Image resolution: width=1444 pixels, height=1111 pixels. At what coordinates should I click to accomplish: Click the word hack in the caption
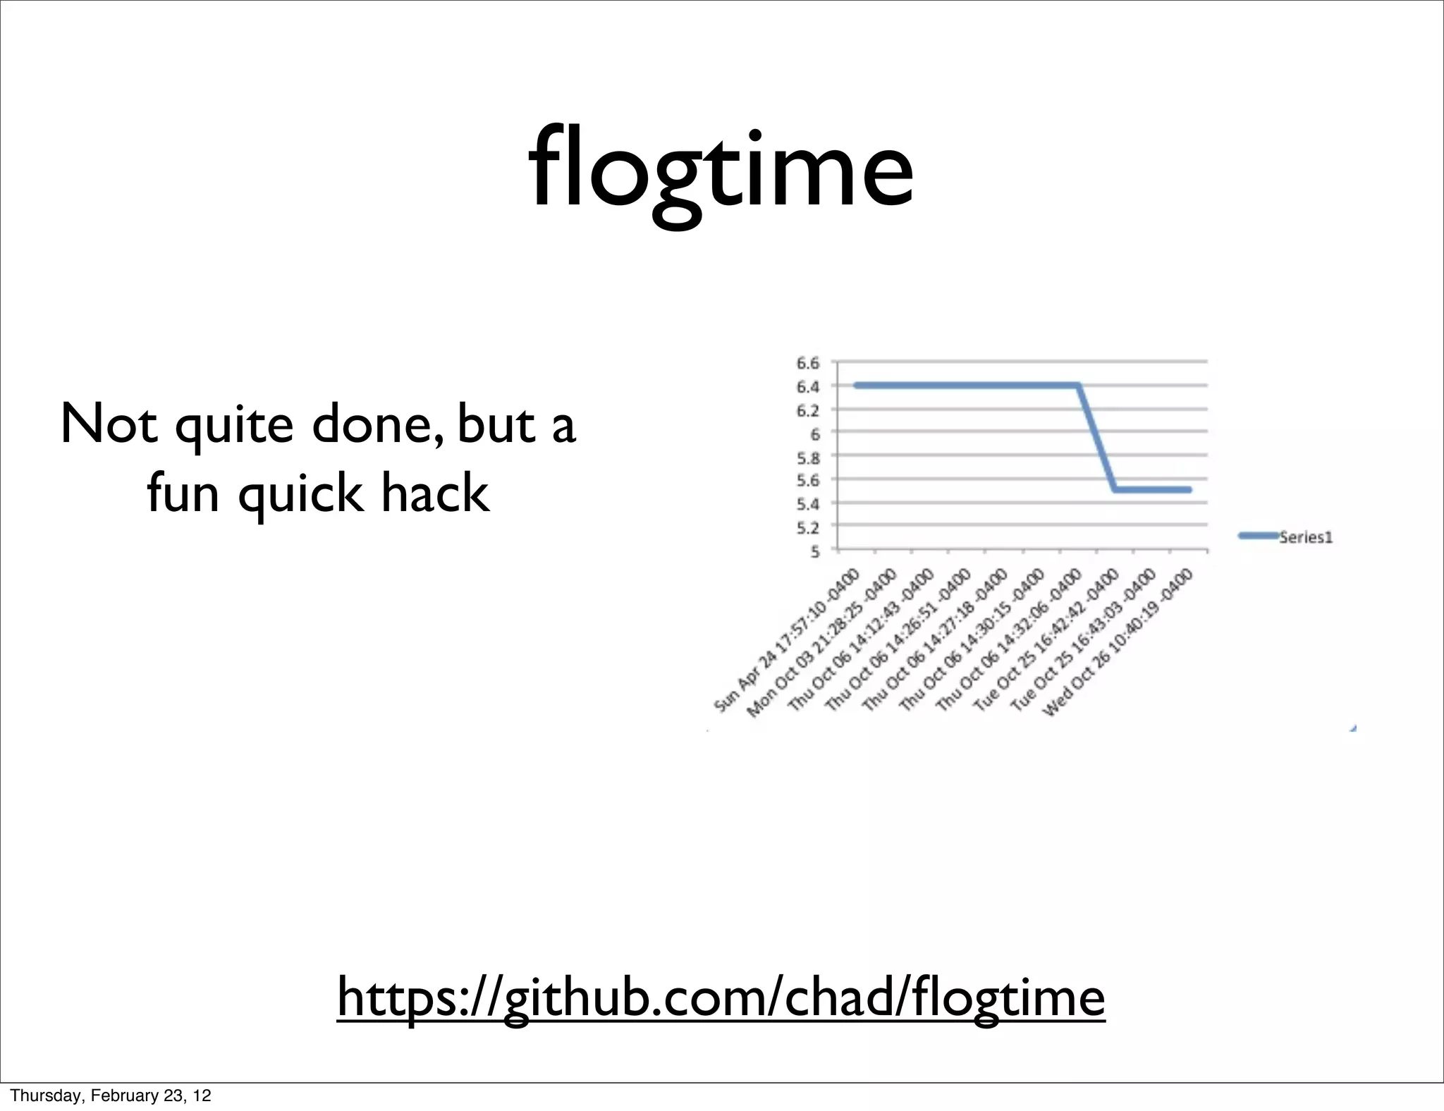click(434, 493)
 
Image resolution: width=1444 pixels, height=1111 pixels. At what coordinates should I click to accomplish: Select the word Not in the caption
click(109, 424)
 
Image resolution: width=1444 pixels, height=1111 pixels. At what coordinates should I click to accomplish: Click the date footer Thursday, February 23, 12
click(111, 1095)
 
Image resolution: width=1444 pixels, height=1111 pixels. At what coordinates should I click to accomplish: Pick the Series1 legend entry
click(1304, 537)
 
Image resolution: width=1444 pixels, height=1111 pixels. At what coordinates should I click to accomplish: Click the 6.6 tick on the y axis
click(808, 364)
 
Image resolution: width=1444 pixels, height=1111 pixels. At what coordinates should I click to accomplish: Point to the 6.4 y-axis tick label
click(808, 387)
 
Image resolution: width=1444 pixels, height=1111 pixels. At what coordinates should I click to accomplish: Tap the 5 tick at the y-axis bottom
click(814, 551)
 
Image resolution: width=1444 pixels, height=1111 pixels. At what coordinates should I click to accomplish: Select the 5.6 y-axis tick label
click(808, 481)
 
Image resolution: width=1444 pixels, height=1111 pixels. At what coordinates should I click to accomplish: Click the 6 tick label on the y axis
click(814, 434)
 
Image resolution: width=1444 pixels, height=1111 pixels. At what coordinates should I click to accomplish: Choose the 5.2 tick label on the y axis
click(808, 528)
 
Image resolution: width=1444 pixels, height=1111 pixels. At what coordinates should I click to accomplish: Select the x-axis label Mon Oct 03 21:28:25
click(821, 643)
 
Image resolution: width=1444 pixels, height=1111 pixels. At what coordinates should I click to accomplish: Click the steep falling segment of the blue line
click(1097, 437)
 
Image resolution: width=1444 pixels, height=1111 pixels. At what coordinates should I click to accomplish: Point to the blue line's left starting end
click(856, 386)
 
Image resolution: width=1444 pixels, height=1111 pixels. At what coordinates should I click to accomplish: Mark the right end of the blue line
click(1189, 489)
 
